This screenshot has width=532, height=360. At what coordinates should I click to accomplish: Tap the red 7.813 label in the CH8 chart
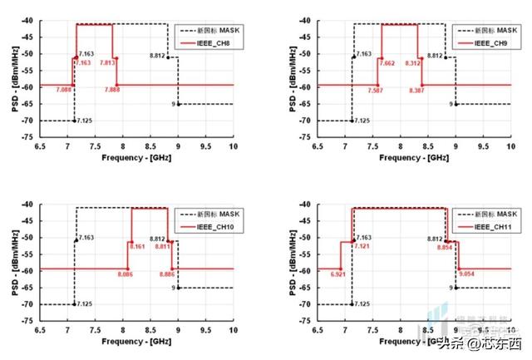[107, 62]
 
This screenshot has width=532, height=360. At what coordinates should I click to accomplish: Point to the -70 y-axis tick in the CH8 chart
[31, 121]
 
